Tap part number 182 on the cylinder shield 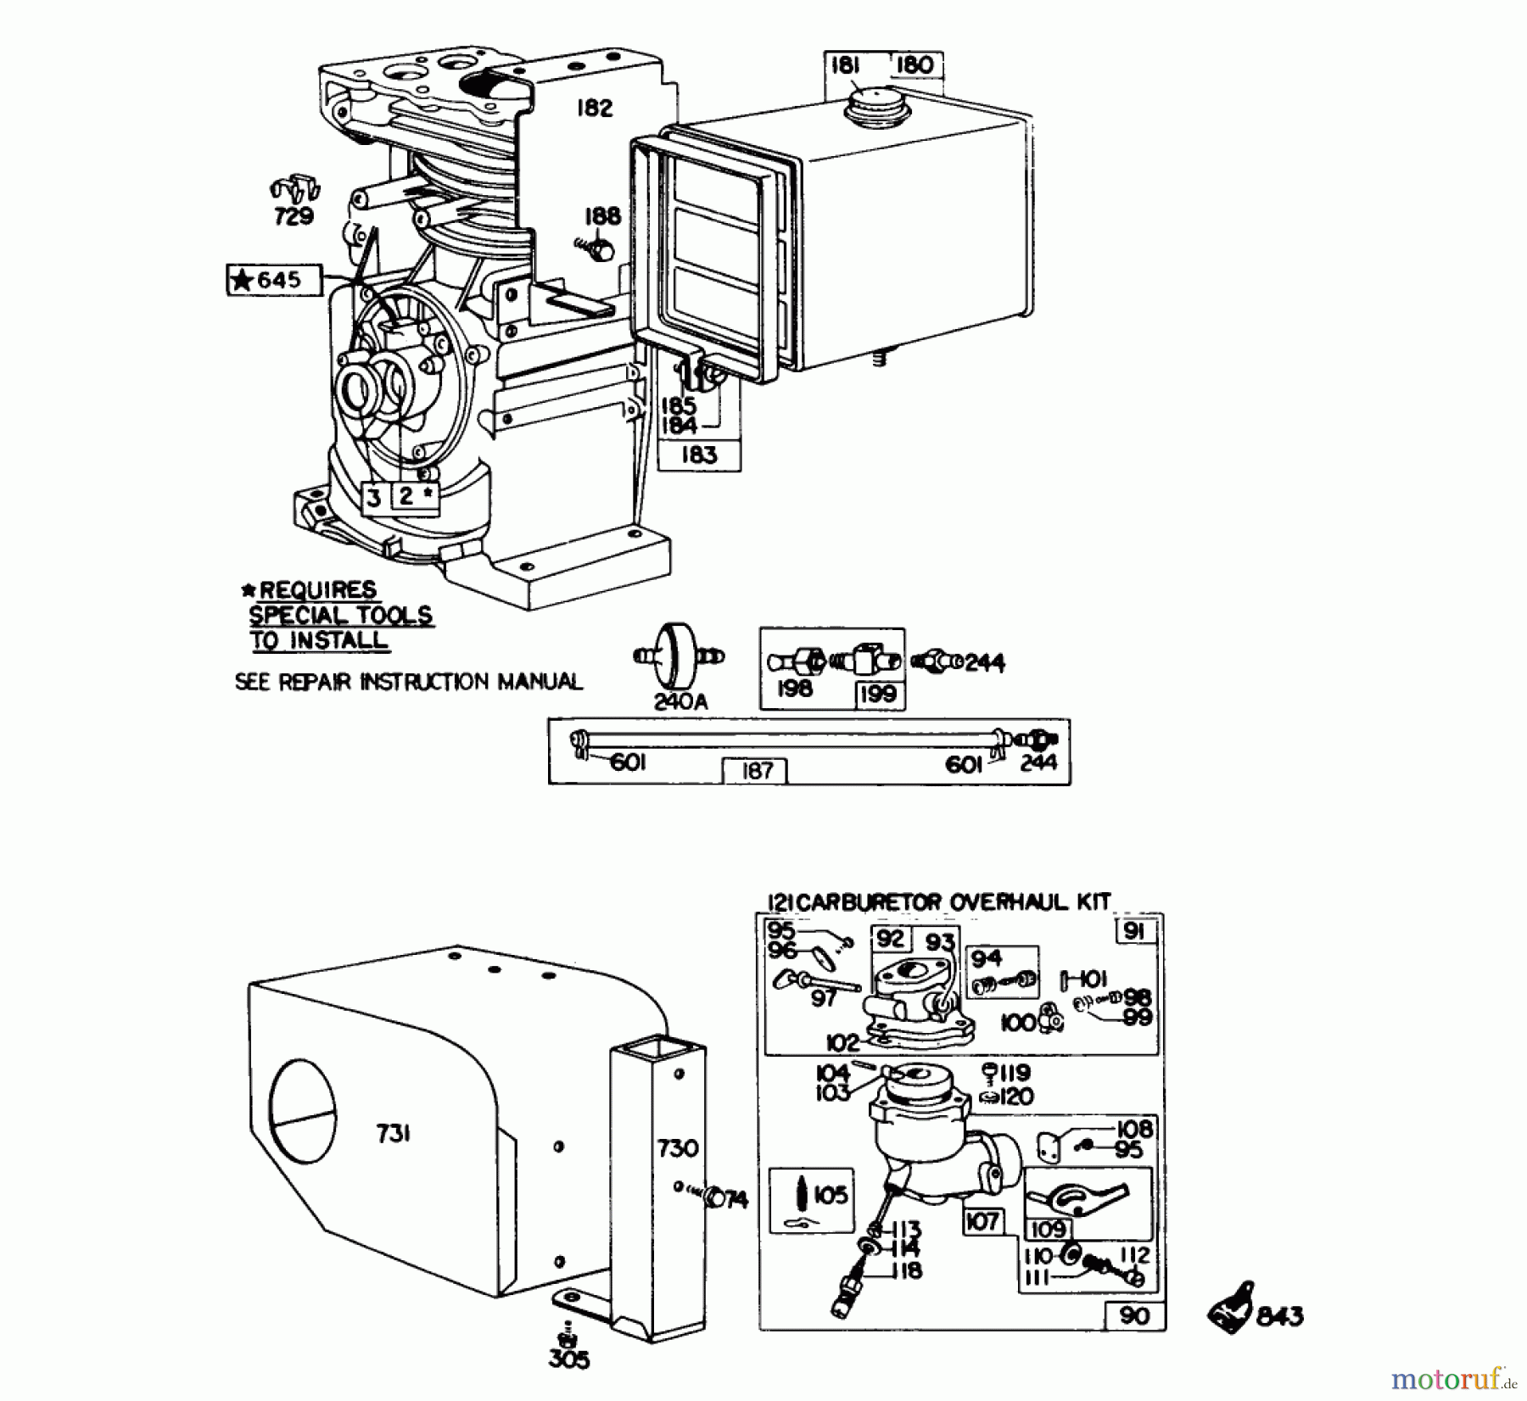click(x=594, y=109)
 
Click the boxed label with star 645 click(x=274, y=280)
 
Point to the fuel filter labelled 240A click(x=680, y=659)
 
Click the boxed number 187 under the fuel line click(x=756, y=770)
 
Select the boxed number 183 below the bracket click(x=699, y=455)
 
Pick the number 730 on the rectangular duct click(x=677, y=1148)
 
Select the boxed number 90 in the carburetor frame click(x=1134, y=1316)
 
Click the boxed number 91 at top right click(x=1134, y=932)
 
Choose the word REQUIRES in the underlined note click(x=317, y=589)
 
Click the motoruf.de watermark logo click(x=1451, y=1380)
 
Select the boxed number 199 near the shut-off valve click(x=876, y=694)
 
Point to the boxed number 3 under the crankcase click(x=374, y=498)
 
